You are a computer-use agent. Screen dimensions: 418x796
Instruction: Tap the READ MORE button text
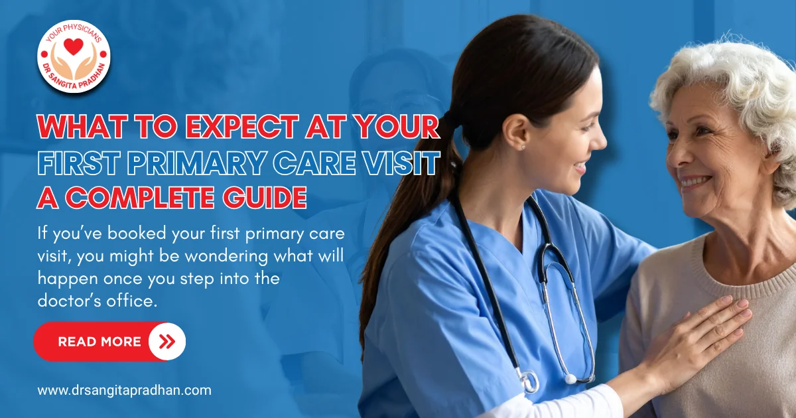tap(99, 342)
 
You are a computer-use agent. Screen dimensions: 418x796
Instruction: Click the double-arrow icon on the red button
tap(167, 342)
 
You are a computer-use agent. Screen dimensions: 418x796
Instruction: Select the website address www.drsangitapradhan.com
tap(124, 390)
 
